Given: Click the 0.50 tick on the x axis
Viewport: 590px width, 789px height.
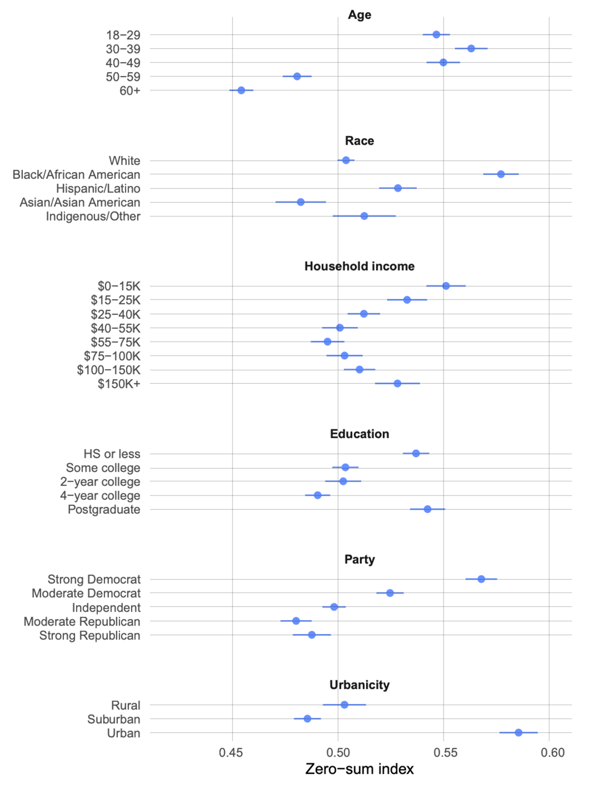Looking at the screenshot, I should [x=338, y=753].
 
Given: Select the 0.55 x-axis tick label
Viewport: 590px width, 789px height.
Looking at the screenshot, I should [x=445, y=753].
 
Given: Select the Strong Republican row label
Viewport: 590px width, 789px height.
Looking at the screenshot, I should [x=89, y=635].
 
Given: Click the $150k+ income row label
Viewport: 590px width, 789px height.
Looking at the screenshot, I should [x=117, y=383].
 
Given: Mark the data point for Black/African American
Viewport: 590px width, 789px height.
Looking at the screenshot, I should [x=501, y=175].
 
